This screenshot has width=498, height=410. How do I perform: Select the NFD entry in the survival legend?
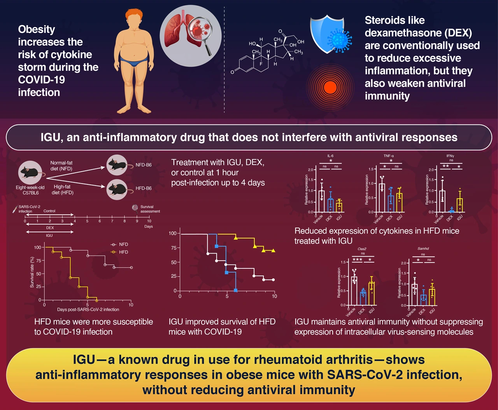123,244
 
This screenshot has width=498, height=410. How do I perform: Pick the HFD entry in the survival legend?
123,252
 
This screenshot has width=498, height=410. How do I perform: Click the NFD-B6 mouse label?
144,165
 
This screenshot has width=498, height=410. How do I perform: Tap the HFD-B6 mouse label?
144,188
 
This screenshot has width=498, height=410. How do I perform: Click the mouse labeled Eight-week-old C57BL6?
30,171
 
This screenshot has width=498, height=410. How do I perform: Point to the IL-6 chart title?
330,156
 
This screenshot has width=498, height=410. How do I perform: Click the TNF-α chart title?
389,156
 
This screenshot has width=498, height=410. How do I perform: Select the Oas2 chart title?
362,249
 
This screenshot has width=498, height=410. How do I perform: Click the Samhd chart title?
423,249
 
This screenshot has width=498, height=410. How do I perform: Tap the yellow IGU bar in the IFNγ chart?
460,205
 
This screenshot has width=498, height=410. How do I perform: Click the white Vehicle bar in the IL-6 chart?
321,201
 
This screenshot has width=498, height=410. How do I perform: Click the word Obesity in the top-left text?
37,30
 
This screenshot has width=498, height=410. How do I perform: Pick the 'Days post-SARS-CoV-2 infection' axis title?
88,310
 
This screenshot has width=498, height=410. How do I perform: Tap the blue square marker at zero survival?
236,291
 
